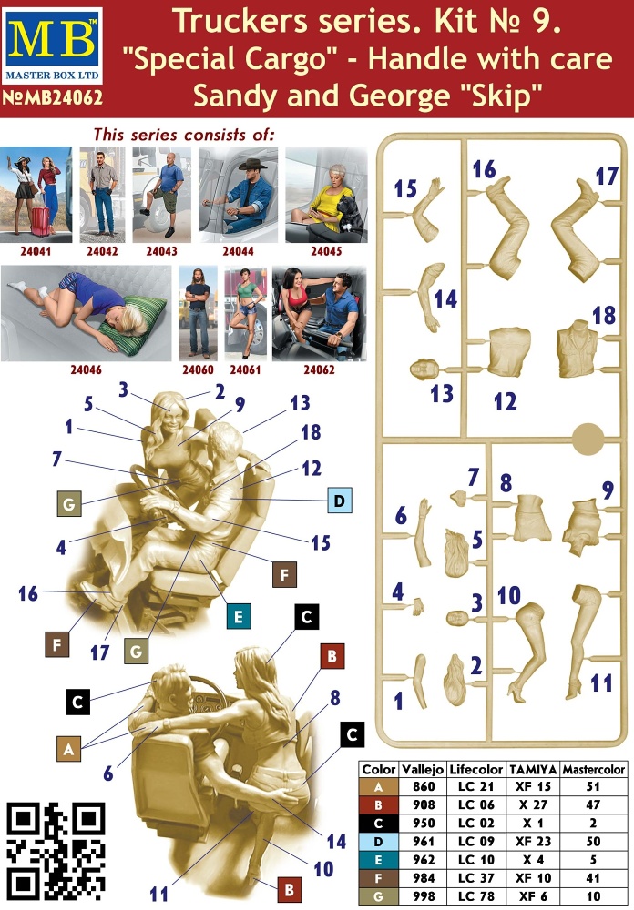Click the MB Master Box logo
click(x=52, y=46)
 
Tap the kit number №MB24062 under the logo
click(x=52, y=97)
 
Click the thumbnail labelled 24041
click(x=36, y=195)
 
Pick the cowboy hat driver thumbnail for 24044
click(x=239, y=195)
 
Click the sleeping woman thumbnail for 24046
click(x=86, y=313)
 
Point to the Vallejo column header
click(x=423, y=770)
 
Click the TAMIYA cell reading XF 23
click(x=533, y=842)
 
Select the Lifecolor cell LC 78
click(x=475, y=896)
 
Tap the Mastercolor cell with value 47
click(x=593, y=805)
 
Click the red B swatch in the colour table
click(x=378, y=805)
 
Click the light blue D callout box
click(x=340, y=500)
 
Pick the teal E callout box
click(x=239, y=616)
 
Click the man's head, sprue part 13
click(x=425, y=369)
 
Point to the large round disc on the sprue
click(x=589, y=440)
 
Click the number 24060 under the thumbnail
click(x=199, y=369)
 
